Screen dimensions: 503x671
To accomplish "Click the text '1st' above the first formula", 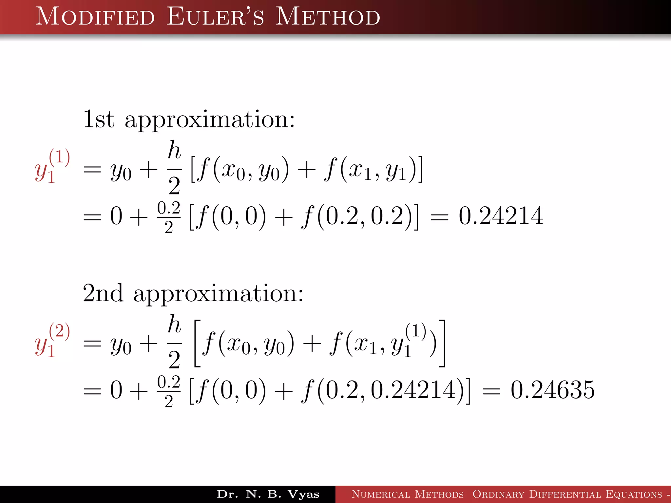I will (x=99, y=119).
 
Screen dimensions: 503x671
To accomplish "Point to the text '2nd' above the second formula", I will (x=103, y=293).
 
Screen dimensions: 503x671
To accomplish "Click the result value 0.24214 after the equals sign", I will (x=501, y=216).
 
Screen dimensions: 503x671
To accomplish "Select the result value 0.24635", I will (x=552, y=390).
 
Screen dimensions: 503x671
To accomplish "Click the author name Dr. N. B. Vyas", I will (x=268, y=494).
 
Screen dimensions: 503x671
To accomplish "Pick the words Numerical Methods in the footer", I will (x=408, y=494).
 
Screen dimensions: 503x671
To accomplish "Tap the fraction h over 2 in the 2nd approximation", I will (x=174, y=342).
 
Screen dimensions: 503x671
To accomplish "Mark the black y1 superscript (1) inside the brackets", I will (x=408, y=341).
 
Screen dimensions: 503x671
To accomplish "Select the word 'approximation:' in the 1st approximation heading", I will (x=210, y=120).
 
